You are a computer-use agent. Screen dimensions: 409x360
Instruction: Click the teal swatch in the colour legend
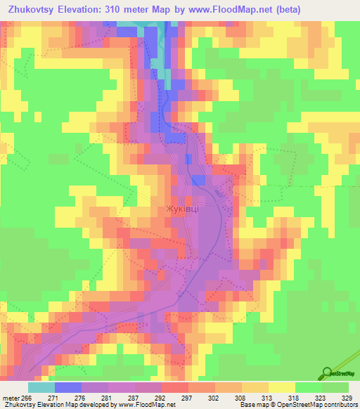point(41,387)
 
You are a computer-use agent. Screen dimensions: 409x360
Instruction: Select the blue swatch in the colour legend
point(68,387)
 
